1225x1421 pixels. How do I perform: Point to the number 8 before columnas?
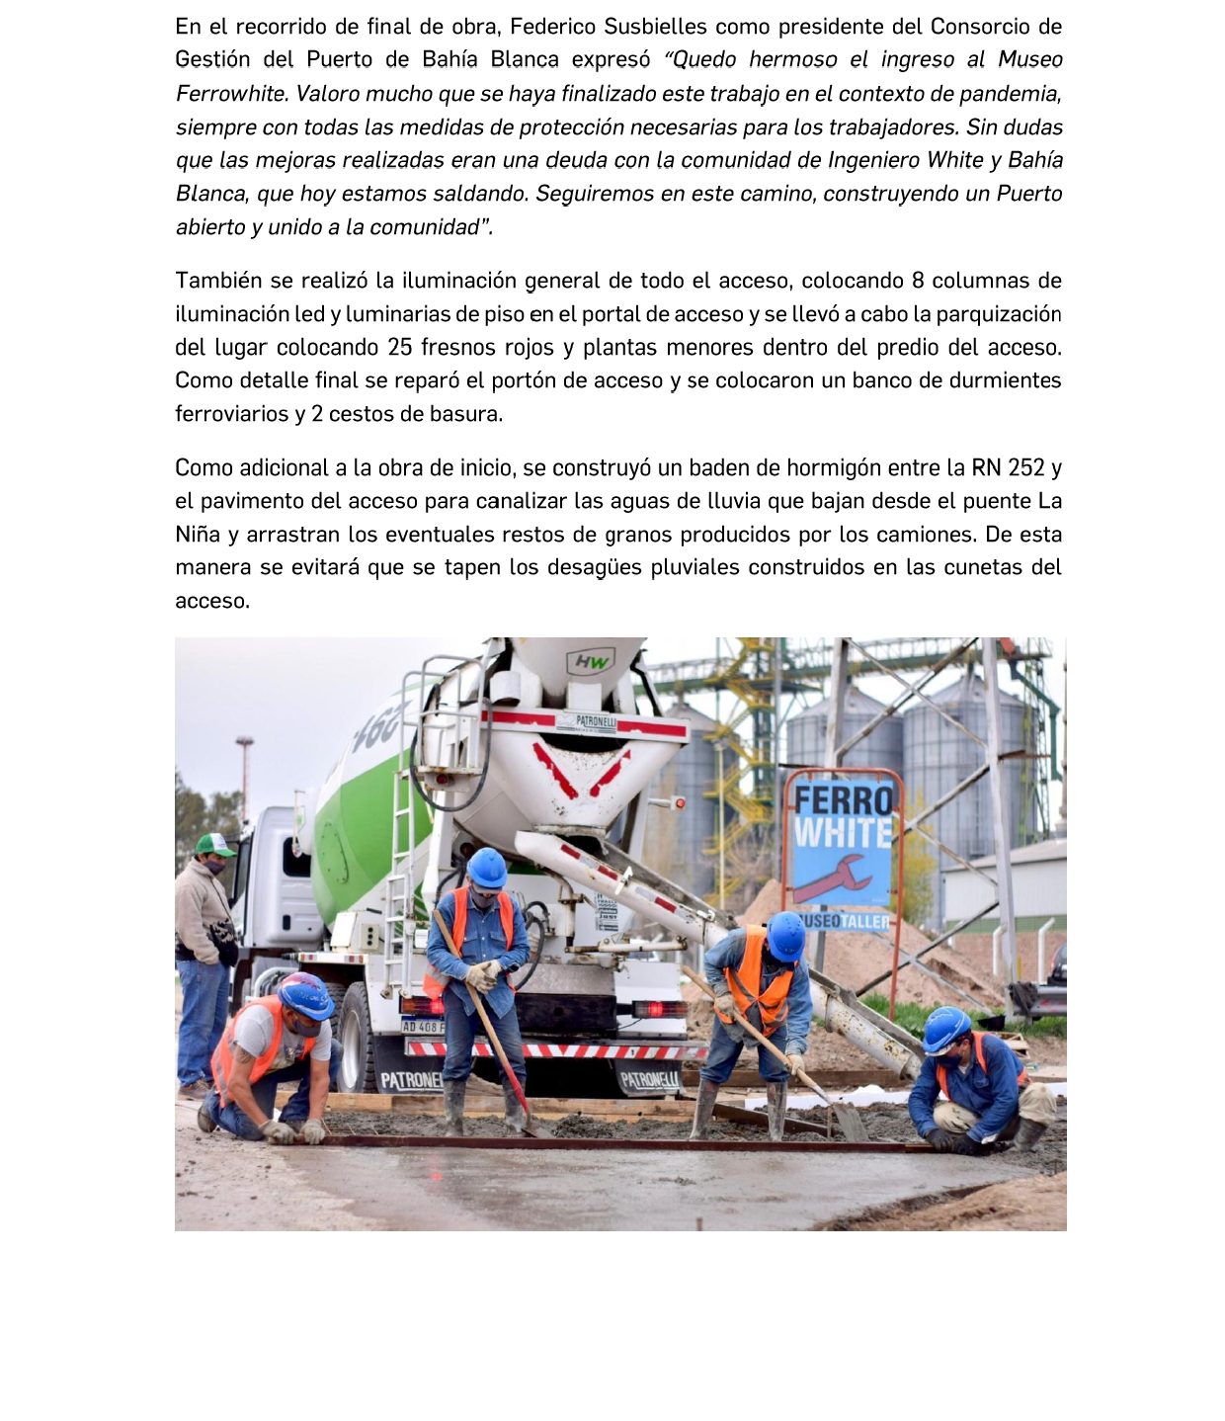918,281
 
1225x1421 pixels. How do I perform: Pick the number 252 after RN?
1024,467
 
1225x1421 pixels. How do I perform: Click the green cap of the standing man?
213,845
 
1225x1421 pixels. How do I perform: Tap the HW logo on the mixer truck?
590,661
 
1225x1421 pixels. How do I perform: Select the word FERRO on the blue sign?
843,799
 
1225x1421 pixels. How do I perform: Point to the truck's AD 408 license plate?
423,1026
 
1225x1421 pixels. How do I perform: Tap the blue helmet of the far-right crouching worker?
945,1029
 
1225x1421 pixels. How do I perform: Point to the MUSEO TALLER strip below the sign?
845,921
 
